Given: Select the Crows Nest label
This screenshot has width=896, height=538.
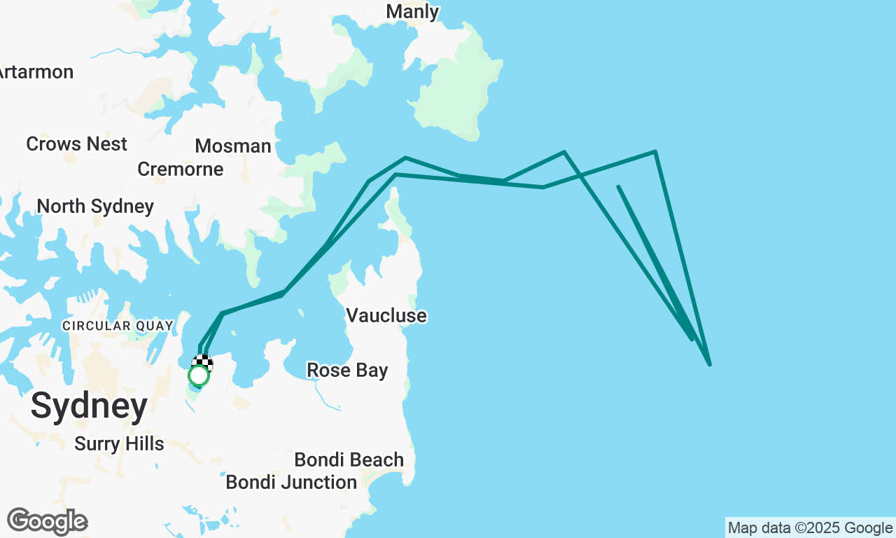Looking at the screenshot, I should coord(76,144).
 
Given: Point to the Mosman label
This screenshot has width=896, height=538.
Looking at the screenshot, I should coord(233,146).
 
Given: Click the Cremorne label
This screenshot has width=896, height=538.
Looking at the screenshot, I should coord(181,170).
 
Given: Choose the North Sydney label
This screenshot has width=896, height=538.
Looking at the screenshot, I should coord(95,207).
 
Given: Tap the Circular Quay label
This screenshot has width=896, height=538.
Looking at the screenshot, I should coord(117,326).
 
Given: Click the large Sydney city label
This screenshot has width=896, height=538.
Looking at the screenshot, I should coord(89,406).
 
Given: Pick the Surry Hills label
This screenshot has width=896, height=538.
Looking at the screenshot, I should coord(119,444).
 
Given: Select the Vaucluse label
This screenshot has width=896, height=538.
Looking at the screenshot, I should coord(386,316).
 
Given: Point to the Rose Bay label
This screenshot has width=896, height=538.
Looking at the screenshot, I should coord(347,371).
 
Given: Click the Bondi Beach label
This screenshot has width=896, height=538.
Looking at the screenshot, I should coord(349,460).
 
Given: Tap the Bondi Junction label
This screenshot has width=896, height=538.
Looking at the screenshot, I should coord(291,483).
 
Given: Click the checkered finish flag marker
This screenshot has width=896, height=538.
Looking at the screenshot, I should coord(203,362).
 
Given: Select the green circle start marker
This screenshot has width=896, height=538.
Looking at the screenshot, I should coord(199,376).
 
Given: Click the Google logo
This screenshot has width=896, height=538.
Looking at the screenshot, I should coord(47,522).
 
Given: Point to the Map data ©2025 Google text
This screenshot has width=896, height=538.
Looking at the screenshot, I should coord(810,528).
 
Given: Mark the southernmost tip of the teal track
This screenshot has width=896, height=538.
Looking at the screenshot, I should coord(709,364).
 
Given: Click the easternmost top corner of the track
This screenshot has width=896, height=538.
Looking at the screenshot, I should coord(654,151).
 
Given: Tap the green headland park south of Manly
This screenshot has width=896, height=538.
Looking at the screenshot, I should coord(458,91).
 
